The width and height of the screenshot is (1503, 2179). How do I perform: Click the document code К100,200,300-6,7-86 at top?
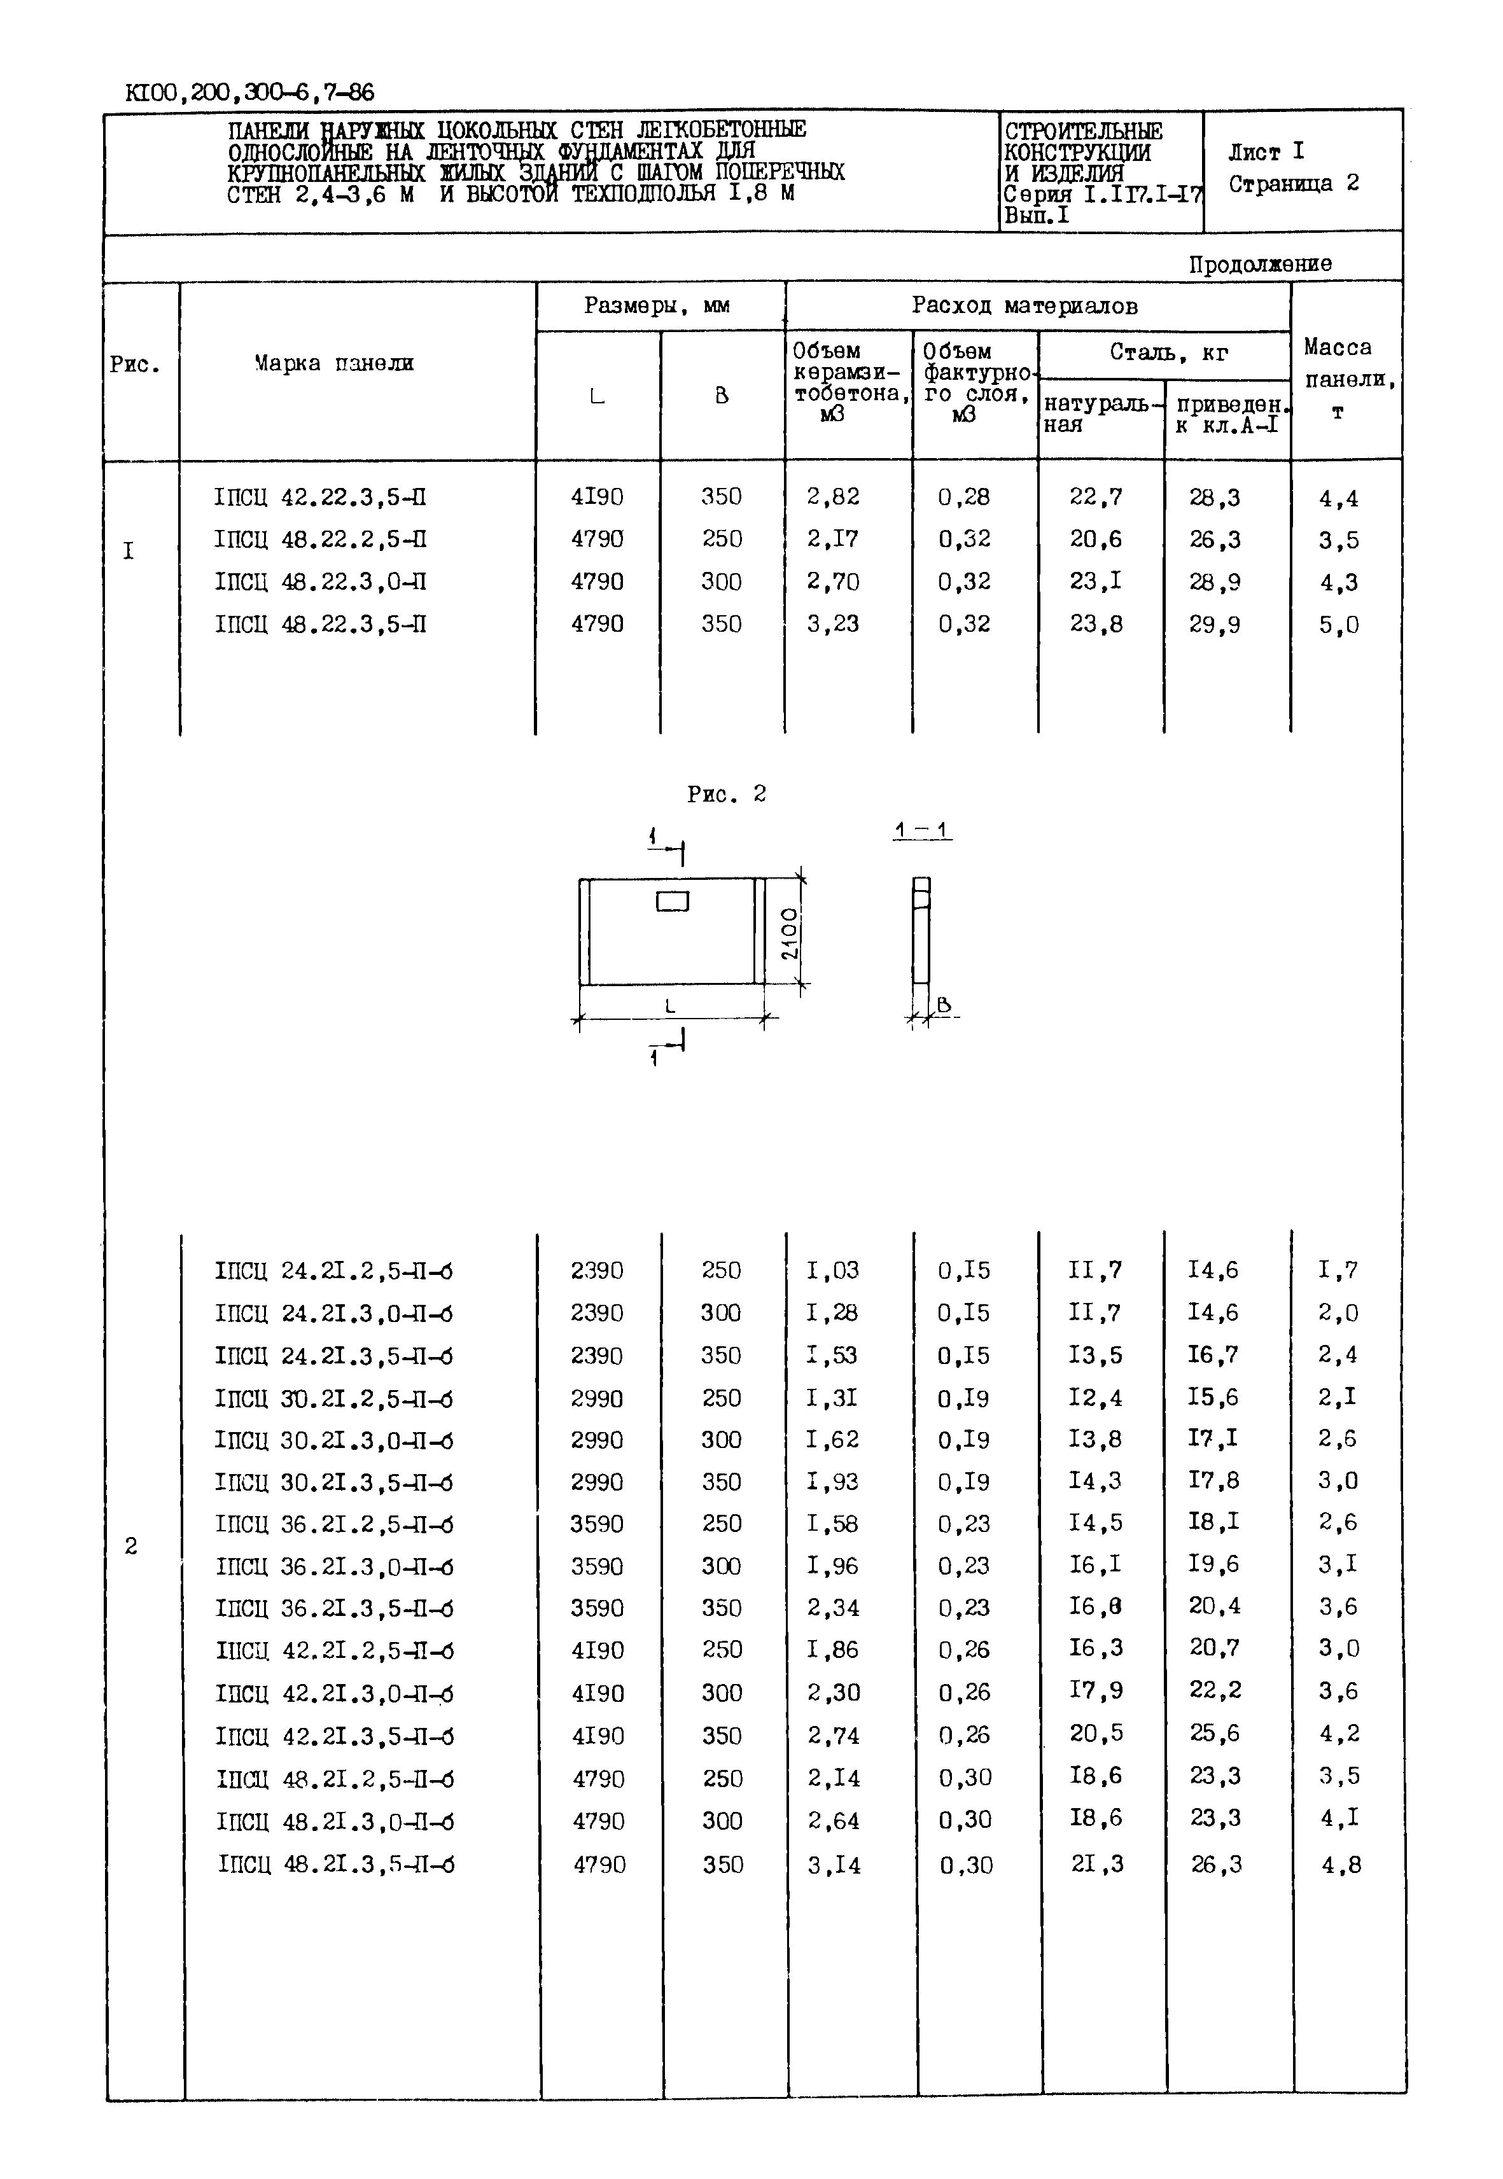point(249,92)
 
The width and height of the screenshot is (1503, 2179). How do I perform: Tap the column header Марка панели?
point(333,363)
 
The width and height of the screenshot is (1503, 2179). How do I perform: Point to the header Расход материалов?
point(1024,306)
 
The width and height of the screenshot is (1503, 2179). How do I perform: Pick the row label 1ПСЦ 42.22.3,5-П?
point(320,498)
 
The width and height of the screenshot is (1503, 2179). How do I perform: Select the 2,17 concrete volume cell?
point(832,540)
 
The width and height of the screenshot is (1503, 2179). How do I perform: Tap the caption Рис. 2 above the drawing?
point(726,795)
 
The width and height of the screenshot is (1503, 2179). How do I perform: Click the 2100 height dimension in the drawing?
point(789,933)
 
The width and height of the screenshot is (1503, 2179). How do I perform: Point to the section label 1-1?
point(922,830)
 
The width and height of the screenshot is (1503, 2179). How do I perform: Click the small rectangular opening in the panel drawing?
point(673,901)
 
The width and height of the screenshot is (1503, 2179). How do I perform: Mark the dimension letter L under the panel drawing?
point(671,1006)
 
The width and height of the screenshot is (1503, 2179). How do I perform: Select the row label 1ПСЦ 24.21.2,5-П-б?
point(333,1271)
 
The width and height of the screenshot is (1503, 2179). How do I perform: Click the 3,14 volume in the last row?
point(834,1865)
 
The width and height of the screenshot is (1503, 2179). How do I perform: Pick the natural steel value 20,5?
point(1095,1732)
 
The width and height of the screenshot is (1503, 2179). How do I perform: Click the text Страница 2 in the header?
point(1293,184)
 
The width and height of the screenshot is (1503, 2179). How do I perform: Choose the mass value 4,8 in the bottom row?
point(1341,1865)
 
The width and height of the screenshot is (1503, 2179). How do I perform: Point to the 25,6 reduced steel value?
point(1214,1732)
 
